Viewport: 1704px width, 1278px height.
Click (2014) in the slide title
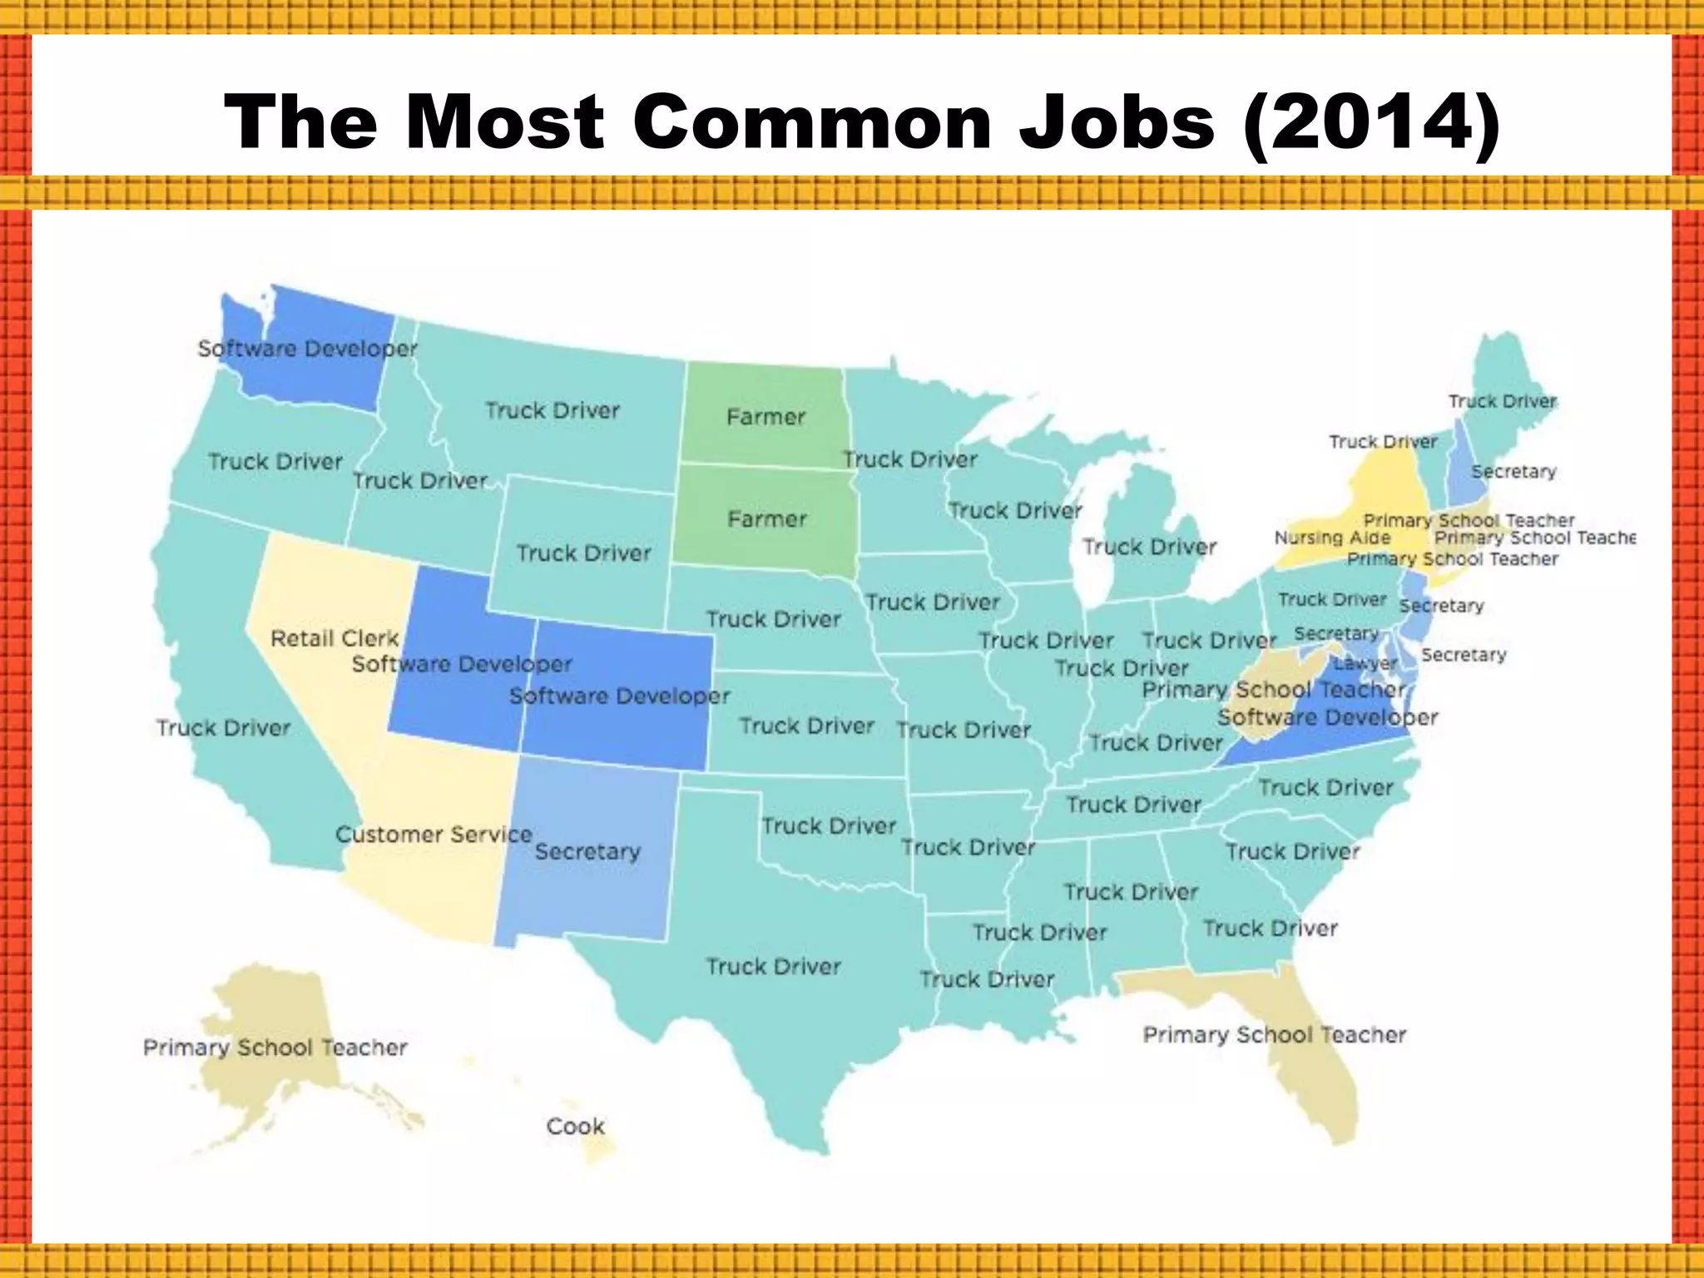click(x=1370, y=122)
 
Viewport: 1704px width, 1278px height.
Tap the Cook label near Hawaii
click(x=575, y=1127)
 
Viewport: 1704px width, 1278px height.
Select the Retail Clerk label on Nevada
click(x=335, y=638)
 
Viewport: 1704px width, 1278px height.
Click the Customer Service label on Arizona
click(x=433, y=834)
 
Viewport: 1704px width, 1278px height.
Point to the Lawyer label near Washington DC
click(x=1365, y=664)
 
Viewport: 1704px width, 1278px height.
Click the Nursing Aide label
click(x=1332, y=538)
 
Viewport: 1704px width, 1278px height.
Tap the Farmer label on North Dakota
click(x=766, y=416)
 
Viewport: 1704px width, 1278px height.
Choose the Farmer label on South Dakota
click(x=767, y=519)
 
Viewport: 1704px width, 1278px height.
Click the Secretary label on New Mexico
click(x=587, y=851)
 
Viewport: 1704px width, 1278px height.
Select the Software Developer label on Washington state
click(x=307, y=348)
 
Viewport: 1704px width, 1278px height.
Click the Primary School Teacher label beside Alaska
click(x=275, y=1047)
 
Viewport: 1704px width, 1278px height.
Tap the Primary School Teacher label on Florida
click(x=1274, y=1034)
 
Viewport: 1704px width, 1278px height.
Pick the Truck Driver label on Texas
click(x=774, y=966)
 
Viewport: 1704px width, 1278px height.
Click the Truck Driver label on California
click(x=224, y=728)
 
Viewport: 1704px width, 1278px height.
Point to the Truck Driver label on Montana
click(x=552, y=410)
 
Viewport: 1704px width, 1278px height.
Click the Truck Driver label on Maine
click(x=1502, y=401)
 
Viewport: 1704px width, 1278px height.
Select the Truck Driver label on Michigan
click(x=1149, y=547)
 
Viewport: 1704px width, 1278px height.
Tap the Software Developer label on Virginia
click(x=1327, y=717)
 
